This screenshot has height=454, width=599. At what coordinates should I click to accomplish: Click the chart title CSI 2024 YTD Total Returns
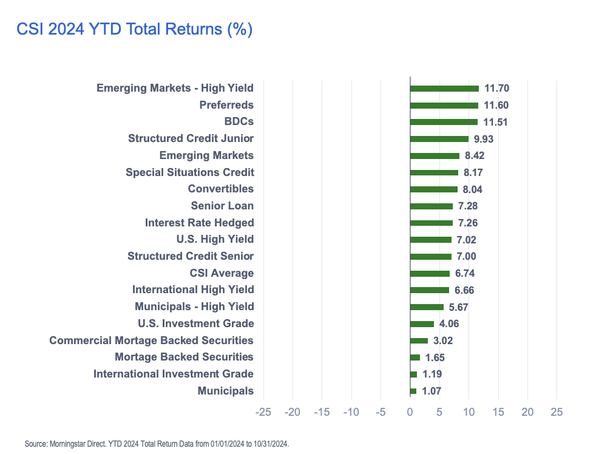click(134, 30)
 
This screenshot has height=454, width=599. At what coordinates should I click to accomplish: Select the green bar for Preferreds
click(444, 106)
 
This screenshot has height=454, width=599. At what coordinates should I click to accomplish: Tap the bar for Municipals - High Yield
click(427, 307)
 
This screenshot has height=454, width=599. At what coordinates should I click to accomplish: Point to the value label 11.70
click(496, 89)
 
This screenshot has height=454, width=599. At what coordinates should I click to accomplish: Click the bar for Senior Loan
click(431, 206)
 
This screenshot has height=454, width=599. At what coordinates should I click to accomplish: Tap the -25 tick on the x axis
click(263, 412)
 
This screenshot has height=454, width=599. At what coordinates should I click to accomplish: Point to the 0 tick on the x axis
click(410, 412)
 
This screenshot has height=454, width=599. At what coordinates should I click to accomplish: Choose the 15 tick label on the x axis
click(498, 412)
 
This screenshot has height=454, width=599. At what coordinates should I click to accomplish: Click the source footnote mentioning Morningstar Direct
click(157, 444)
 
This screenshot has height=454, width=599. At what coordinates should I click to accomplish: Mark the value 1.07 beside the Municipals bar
click(431, 391)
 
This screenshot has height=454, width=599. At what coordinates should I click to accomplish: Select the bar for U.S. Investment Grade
click(422, 324)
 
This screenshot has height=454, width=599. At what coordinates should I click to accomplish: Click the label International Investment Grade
click(174, 374)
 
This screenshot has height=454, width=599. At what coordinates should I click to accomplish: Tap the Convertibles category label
click(221, 189)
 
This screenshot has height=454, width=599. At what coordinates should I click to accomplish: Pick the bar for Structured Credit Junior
click(439, 139)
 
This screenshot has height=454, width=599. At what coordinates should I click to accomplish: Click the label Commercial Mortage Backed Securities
click(151, 340)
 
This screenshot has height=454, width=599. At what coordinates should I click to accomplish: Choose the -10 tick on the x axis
click(351, 412)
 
